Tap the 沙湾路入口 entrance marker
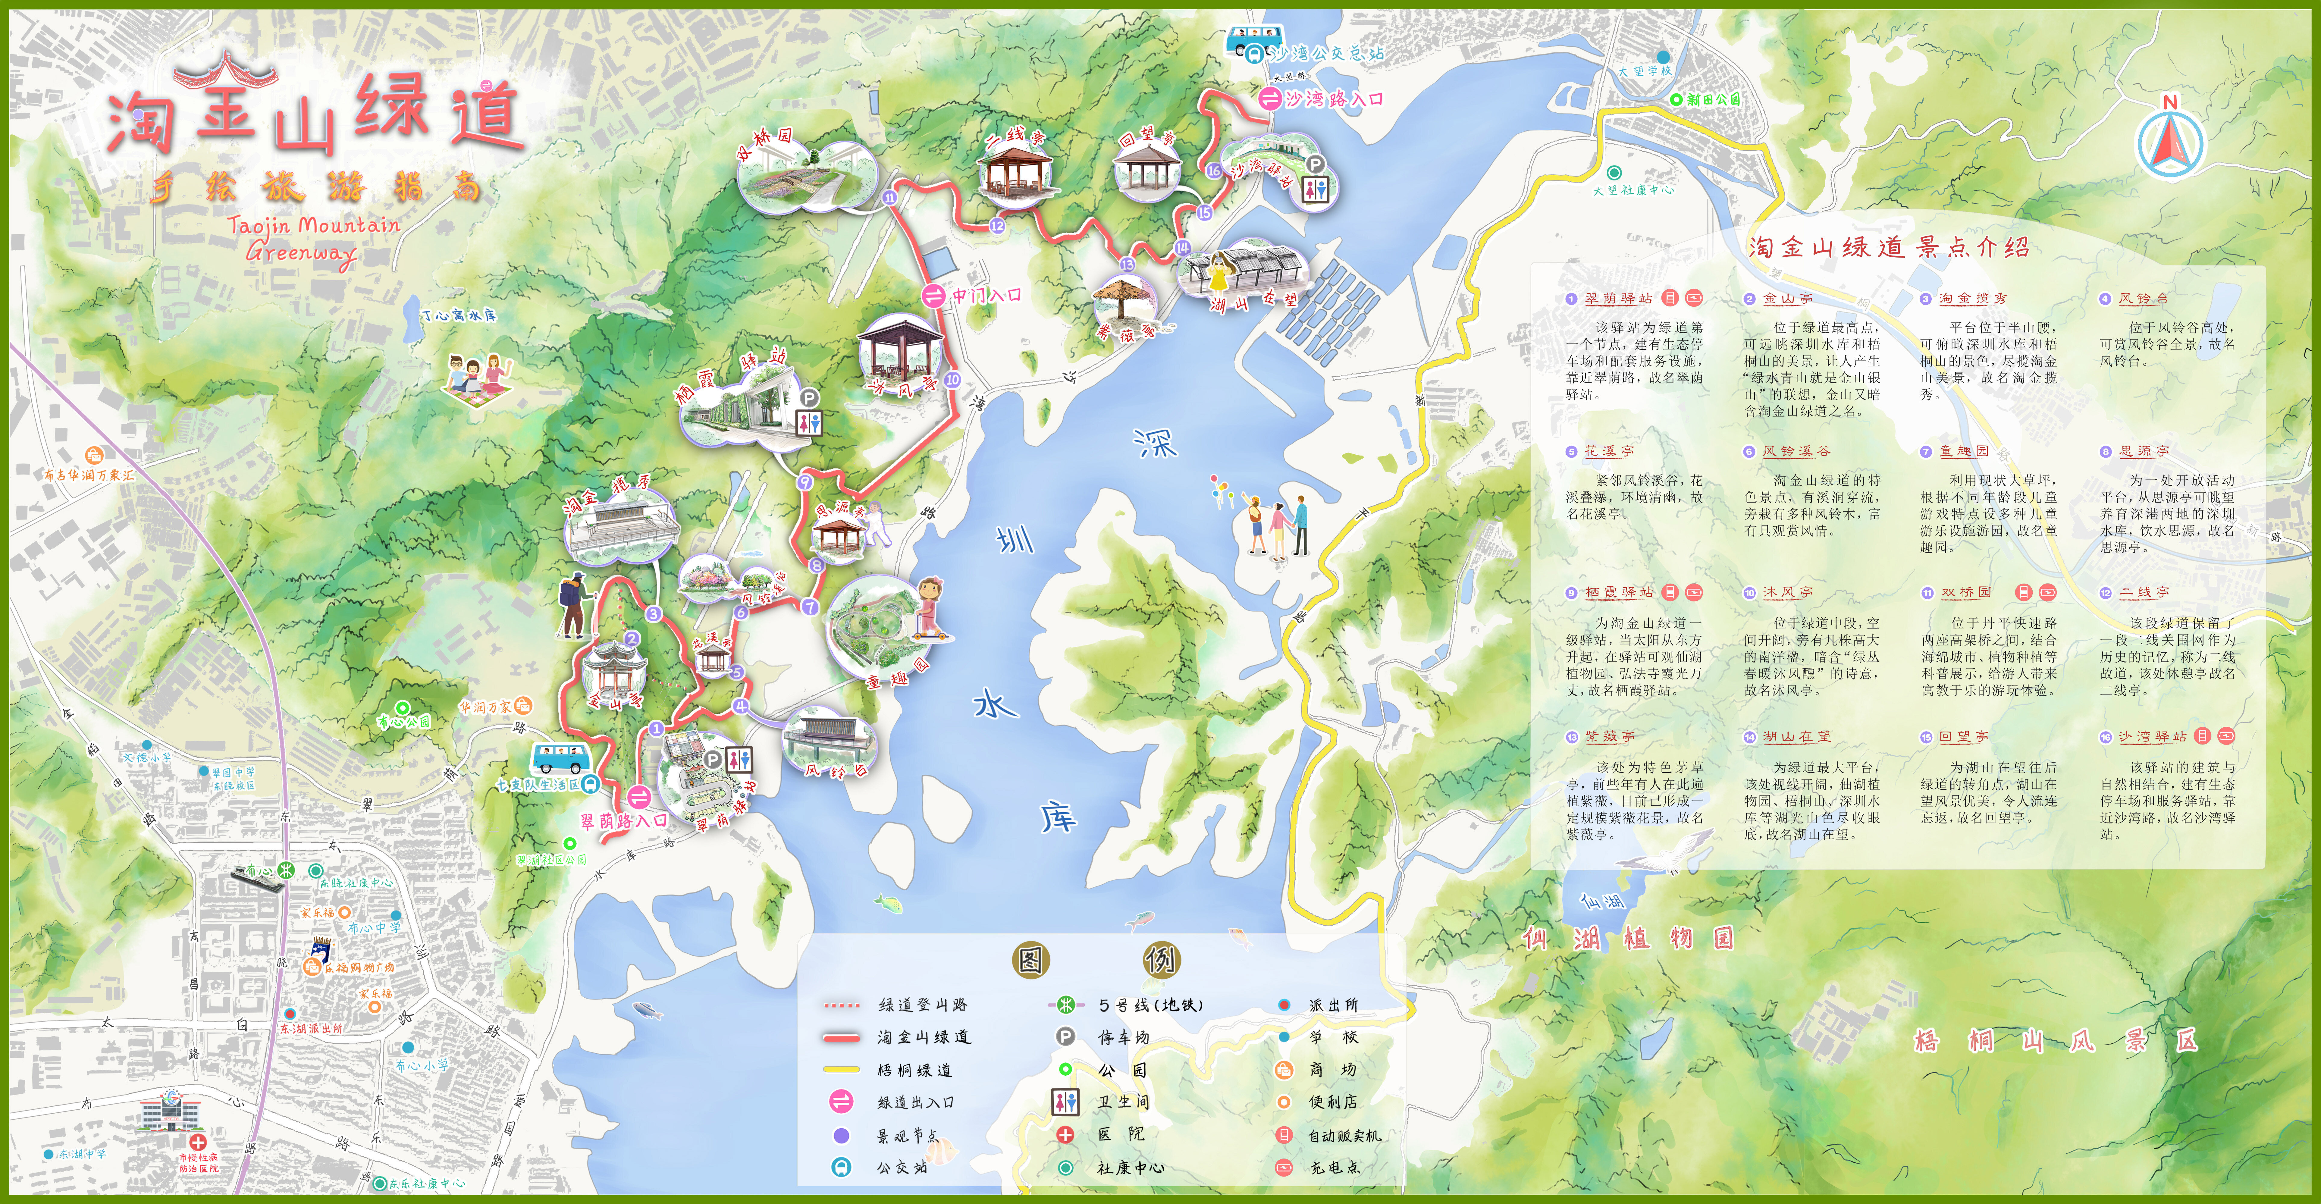click(x=1270, y=99)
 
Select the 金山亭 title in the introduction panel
click(x=1788, y=298)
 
